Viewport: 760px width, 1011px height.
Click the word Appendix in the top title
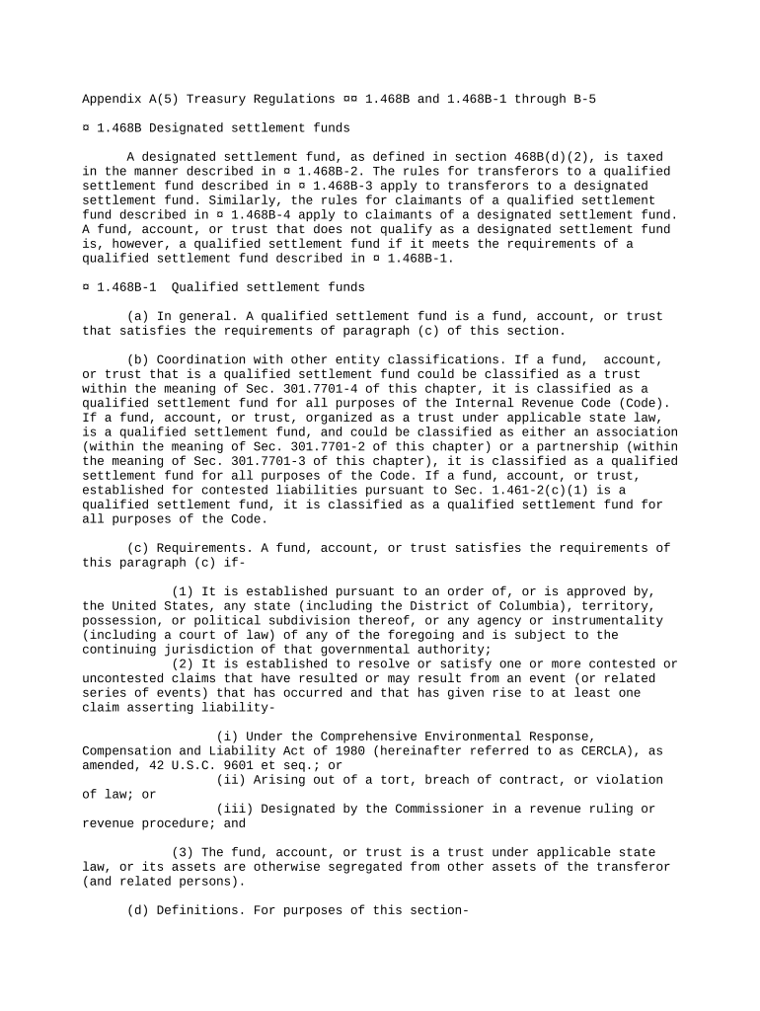pos(112,99)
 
